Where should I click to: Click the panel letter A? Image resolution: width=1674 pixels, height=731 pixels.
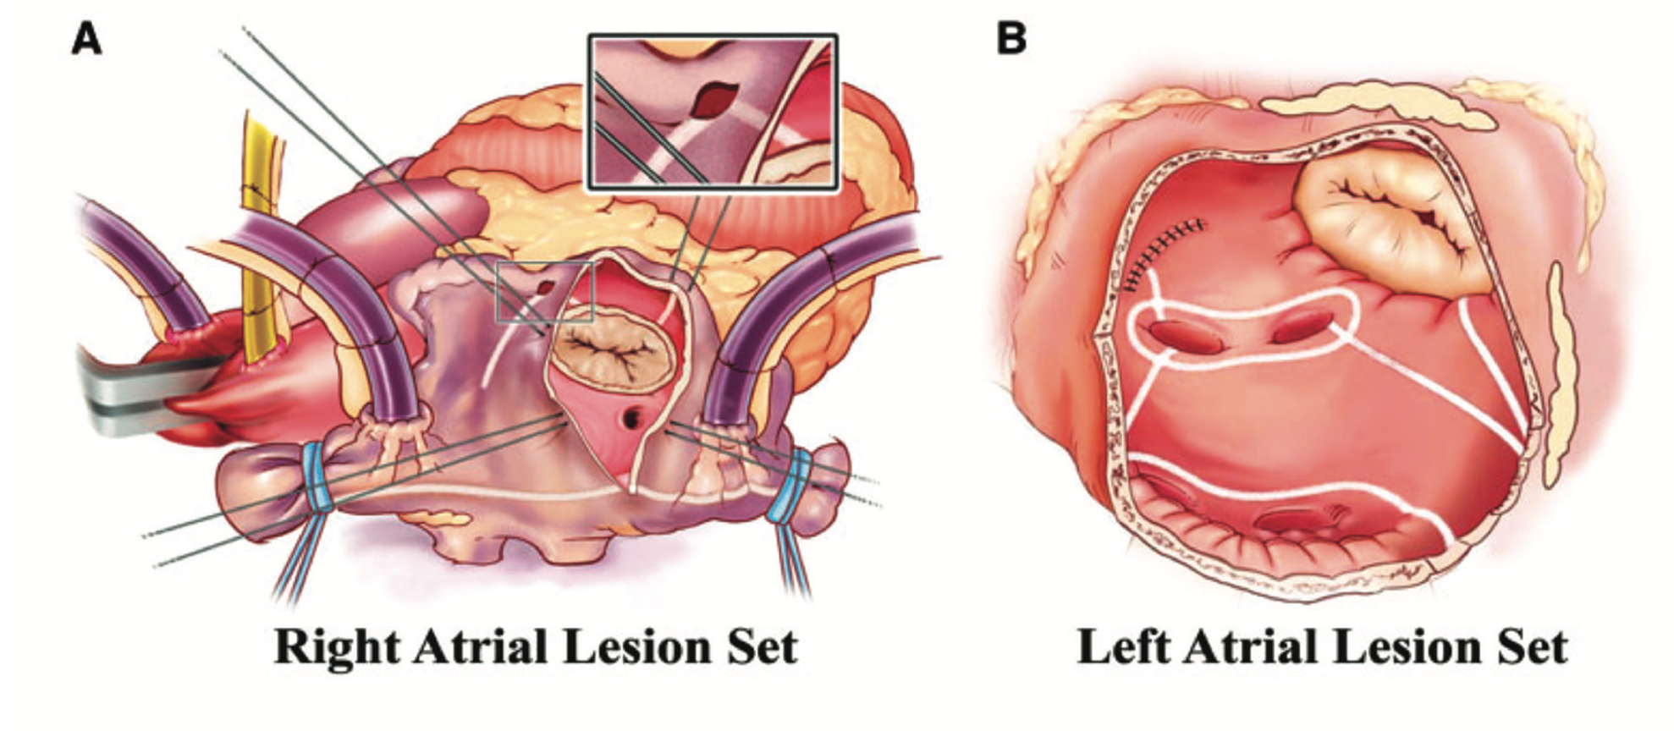tap(86, 39)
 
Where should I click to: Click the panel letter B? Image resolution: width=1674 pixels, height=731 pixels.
tap(1011, 39)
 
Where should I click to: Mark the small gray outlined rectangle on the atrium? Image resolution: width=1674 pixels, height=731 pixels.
tap(545, 292)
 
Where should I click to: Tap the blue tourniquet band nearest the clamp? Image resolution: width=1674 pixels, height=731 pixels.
tap(317, 477)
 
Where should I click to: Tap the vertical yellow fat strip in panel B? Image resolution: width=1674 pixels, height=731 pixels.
tap(1559, 372)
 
